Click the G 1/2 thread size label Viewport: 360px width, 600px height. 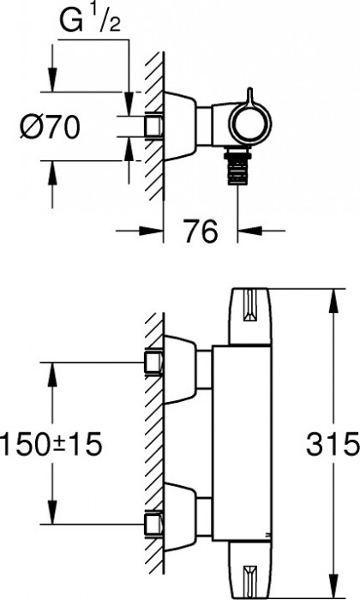(x=90, y=21)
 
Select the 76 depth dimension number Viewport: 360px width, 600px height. (x=201, y=231)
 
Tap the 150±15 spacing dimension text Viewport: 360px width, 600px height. (x=51, y=444)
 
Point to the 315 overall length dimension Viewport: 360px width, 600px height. (x=333, y=444)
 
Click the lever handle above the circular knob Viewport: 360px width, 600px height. (x=249, y=96)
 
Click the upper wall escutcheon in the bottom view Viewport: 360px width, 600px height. (x=180, y=369)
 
